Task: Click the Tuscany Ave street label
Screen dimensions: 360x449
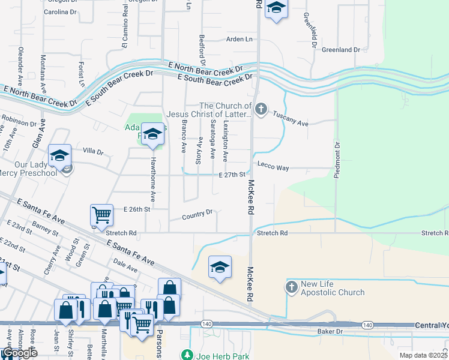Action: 290,118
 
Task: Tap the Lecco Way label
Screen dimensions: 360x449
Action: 273,165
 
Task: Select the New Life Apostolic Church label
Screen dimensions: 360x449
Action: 333,288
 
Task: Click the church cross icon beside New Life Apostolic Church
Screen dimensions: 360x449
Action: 292,287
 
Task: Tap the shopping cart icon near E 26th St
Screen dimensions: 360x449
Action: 101,215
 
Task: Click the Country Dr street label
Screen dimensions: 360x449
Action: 199,214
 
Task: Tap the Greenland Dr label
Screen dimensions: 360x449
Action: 341,50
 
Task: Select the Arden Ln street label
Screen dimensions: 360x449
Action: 240,39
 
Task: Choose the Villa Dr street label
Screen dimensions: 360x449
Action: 93,152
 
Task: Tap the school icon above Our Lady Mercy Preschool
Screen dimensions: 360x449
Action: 60,155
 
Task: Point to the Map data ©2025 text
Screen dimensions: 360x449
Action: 423,355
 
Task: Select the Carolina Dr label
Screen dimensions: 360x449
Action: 61,11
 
